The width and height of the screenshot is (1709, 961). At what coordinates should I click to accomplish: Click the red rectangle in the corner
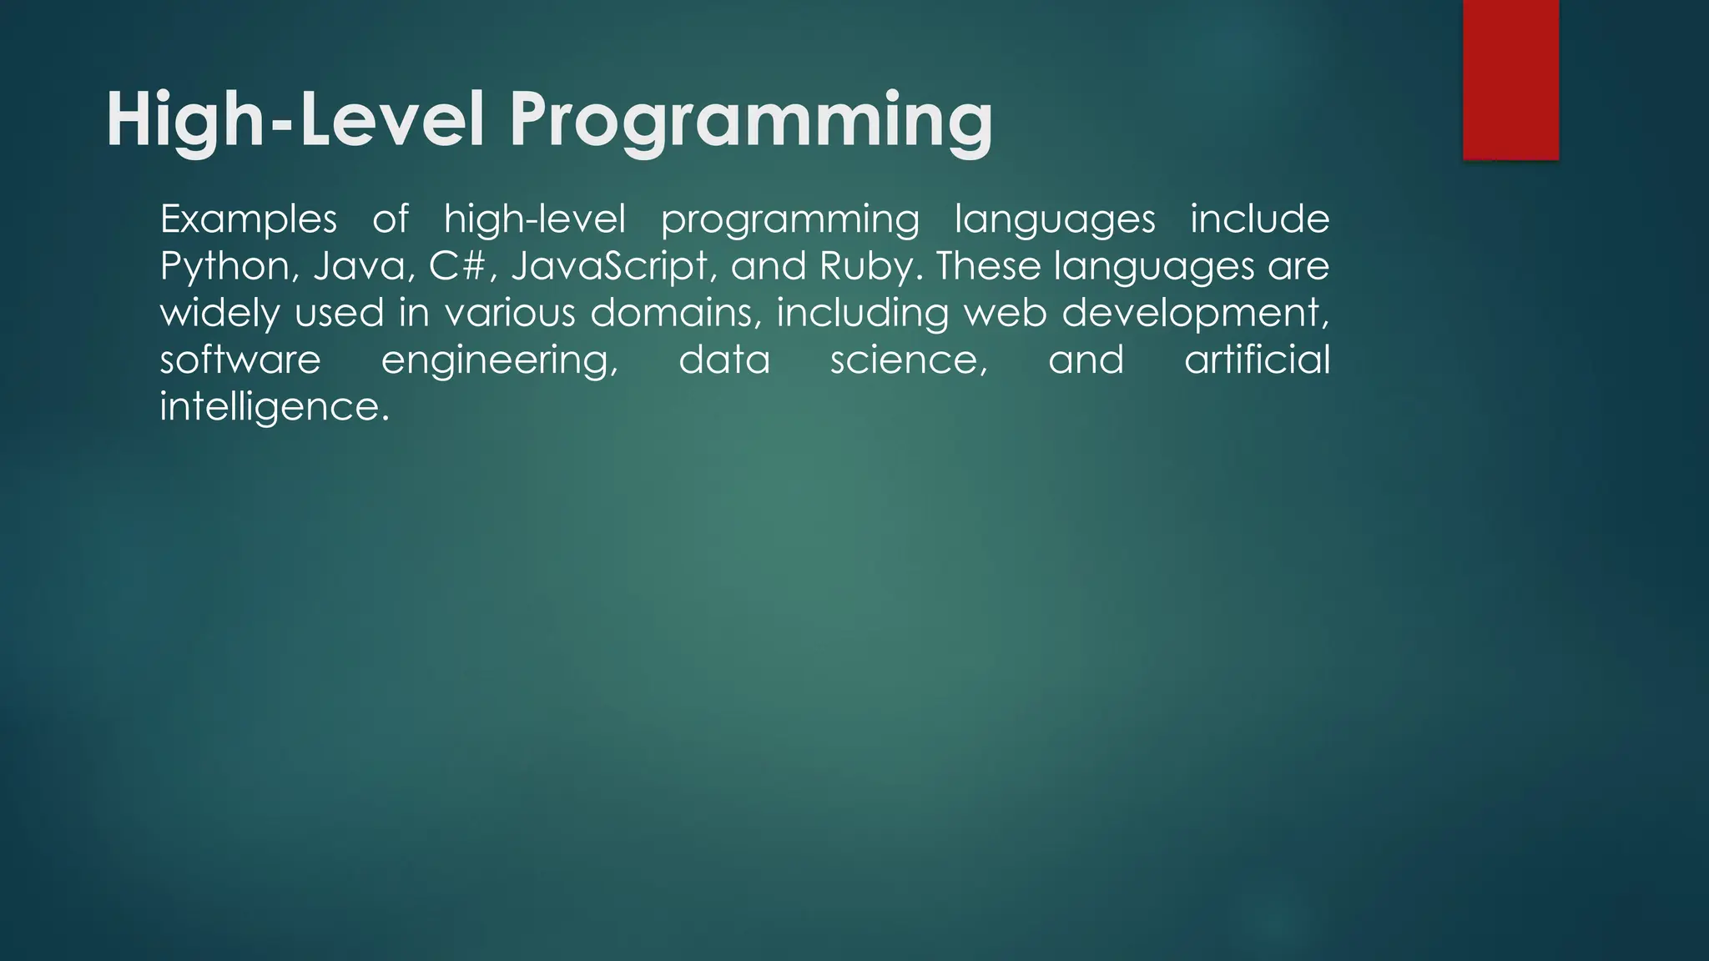(x=1510, y=79)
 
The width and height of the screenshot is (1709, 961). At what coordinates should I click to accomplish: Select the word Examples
(x=248, y=220)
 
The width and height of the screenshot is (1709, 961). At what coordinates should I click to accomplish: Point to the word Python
(x=224, y=267)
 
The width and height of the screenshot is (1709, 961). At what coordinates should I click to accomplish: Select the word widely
(x=219, y=314)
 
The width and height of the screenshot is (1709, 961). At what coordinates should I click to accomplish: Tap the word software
(x=240, y=360)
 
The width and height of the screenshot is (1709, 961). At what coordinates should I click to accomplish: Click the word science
(x=909, y=360)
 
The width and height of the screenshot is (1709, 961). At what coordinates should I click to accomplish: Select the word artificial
(x=1257, y=360)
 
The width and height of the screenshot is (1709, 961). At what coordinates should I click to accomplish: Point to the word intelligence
(x=274, y=407)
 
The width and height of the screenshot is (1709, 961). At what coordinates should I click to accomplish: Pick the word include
(x=1259, y=220)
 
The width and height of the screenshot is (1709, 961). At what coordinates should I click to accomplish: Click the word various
(x=509, y=314)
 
